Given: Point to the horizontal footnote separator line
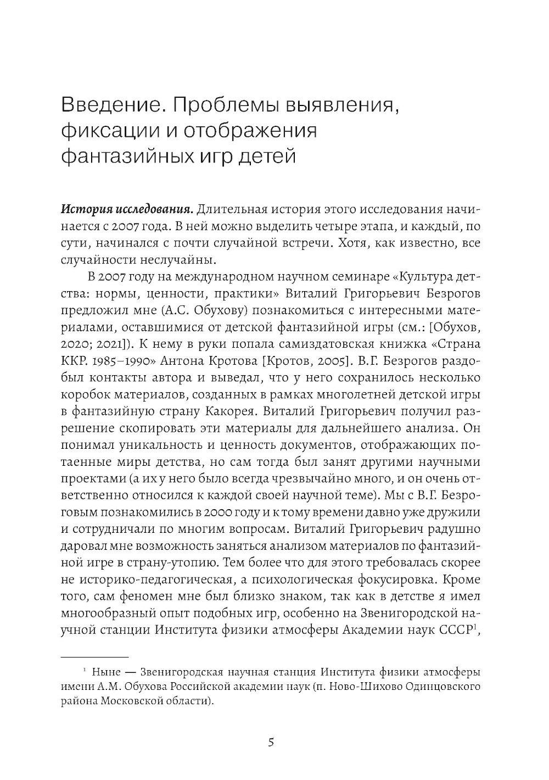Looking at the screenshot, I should coord(94,656).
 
